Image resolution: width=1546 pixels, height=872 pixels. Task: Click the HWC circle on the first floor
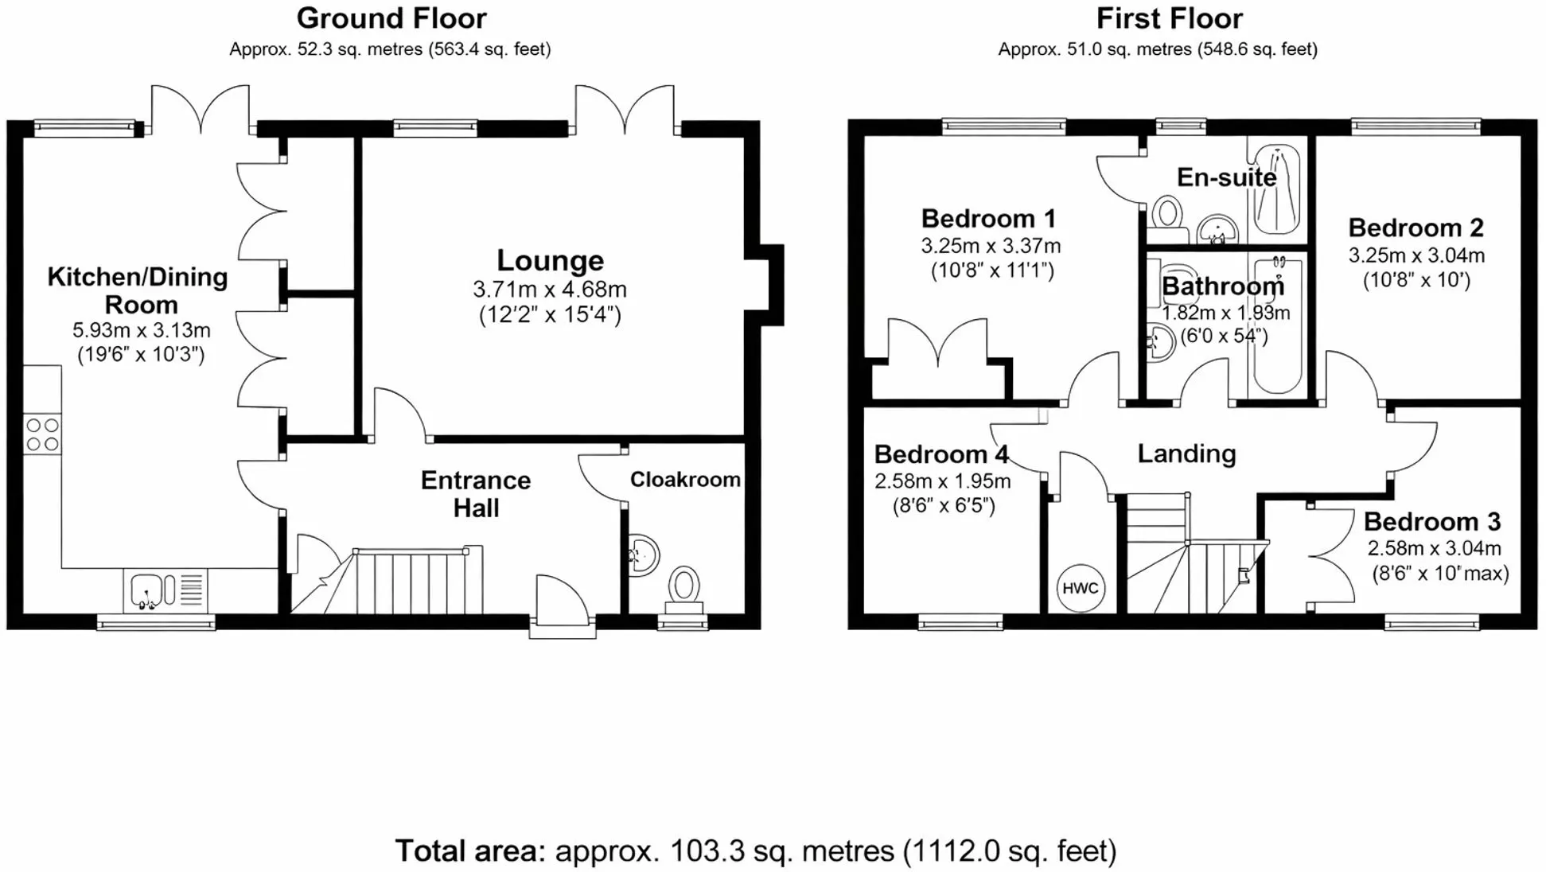[x=1081, y=588]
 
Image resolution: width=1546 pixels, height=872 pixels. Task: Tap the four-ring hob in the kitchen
[x=42, y=434]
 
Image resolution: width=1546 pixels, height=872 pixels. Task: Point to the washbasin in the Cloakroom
[x=644, y=555]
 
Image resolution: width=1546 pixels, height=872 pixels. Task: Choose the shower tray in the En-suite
[x=1276, y=189]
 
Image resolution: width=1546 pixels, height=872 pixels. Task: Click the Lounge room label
[x=551, y=260]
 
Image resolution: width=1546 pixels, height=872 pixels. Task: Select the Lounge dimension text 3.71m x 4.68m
[x=550, y=289]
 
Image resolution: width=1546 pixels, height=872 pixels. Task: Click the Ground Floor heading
[x=391, y=18]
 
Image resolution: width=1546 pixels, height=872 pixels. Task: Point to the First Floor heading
[x=1170, y=18]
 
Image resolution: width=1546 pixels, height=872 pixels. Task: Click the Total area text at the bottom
[x=756, y=851]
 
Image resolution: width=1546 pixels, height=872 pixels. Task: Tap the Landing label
[x=1186, y=454]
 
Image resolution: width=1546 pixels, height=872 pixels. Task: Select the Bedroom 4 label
[x=941, y=454]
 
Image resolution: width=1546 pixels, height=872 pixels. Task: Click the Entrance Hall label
[x=476, y=494]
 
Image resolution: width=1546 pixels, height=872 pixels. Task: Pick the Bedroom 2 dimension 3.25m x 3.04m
[x=1416, y=255]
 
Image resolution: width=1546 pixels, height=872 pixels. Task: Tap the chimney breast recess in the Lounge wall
[x=765, y=285]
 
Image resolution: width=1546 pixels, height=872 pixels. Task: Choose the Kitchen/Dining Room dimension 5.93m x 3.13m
[x=142, y=330]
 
